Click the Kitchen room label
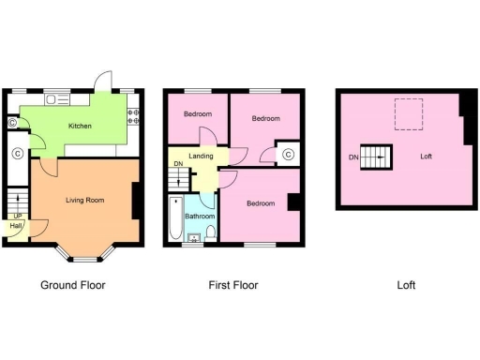(81, 126)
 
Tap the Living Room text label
(84, 200)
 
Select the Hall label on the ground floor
(16, 226)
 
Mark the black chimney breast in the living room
(138, 200)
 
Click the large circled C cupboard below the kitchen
(17, 154)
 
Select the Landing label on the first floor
(201, 156)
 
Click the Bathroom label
(200, 217)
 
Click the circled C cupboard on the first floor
(288, 154)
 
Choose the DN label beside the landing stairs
(177, 165)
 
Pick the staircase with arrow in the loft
(377, 157)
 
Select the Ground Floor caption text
(73, 285)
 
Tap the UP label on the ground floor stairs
(16, 216)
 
